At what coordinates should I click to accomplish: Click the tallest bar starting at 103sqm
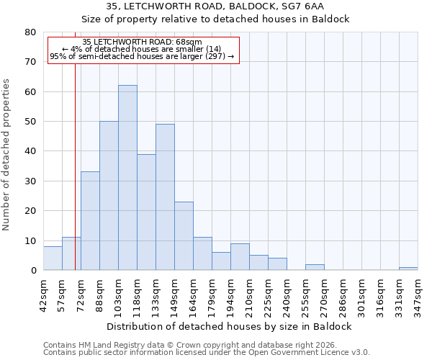click(x=127, y=178)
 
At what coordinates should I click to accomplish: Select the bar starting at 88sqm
click(x=109, y=196)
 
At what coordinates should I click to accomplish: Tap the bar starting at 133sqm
click(x=165, y=197)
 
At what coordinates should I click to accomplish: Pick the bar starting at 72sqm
click(x=90, y=221)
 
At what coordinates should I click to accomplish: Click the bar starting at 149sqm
click(x=184, y=236)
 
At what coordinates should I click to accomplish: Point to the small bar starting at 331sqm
click(x=408, y=269)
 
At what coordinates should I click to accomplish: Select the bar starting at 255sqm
click(x=315, y=267)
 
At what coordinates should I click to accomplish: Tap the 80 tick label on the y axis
click(x=30, y=32)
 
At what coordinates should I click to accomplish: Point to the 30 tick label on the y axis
click(x=30, y=181)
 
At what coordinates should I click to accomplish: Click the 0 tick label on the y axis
click(x=33, y=271)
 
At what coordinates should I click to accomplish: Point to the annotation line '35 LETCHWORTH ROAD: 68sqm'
click(x=143, y=42)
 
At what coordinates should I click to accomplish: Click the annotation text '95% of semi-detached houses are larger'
click(x=143, y=56)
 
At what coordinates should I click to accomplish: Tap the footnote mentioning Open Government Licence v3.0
click(x=207, y=353)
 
